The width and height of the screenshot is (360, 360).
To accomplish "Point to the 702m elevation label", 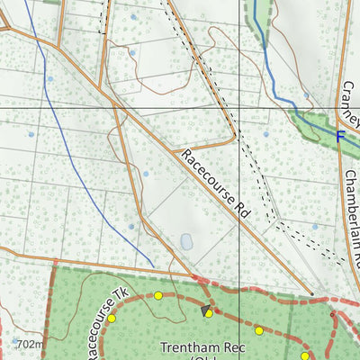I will click(30, 344).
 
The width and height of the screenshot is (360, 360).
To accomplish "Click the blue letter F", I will click(340, 137).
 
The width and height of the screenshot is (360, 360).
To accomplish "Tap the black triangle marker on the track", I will click(206, 310).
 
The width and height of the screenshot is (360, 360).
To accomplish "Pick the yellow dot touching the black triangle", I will click(210, 313).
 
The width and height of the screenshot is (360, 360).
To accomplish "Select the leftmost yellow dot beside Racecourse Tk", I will click(112, 318).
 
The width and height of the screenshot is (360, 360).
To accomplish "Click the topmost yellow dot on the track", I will click(158, 295).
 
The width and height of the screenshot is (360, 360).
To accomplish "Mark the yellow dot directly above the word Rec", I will click(259, 330).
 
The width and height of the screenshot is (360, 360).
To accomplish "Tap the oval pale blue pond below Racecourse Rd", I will click(186, 242).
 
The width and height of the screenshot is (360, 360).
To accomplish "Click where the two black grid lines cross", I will click(238, 108).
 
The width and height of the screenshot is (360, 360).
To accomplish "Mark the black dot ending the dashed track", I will click(311, 293).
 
